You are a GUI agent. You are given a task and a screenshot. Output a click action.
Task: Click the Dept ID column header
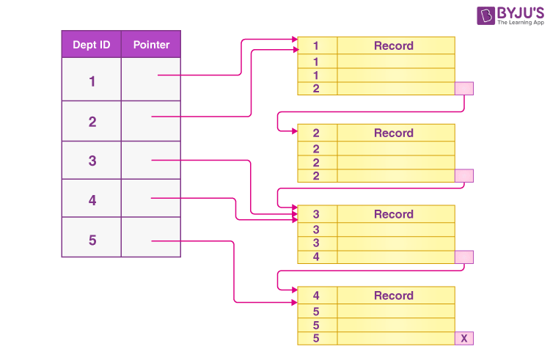pyautogui.click(x=92, y=45)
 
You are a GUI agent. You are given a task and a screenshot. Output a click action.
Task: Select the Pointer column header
pyautogui.click(x=151, y=45)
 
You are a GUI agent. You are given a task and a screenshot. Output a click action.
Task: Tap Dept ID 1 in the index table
pyautogui.click(x=92, y=81)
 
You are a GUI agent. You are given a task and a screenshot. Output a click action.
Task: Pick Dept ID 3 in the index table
pyautogui.click(x=92, y=161)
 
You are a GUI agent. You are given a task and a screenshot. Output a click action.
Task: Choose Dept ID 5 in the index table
pyautogui.click(x=92, y=240)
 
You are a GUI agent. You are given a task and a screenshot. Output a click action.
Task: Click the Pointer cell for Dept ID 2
pyautogui.click(x=151, y=121)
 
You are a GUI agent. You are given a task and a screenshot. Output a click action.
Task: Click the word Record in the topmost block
pyautogui.click(x=394, y=45)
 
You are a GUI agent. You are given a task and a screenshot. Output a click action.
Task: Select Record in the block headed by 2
pyautogui.click(x=394, y=133)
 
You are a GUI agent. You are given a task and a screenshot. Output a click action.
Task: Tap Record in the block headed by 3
pyautogui.click(x=394, y=214)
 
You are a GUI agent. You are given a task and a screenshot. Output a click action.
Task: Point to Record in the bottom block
pyautogui.click(x=394, y=295)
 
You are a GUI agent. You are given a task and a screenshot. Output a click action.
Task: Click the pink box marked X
pyautogui.click(x=464, y=338)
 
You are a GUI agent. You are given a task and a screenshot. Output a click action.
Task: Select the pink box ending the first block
pyautogui.click(x=464, y=89)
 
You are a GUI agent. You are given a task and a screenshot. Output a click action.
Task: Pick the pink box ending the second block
pyautogui.click(x=464, y=176)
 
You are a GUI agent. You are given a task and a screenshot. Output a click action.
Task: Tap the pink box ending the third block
pyautogui.click(x=464, y=257)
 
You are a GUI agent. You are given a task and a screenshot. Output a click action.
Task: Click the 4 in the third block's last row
pyautogui.click(x=316, y=257)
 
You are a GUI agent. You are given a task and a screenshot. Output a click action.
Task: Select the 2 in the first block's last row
pyautogui.click(x=316, y=89)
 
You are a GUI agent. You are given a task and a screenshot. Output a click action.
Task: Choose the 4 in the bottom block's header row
pyautogui.click(x=316, y=295)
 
